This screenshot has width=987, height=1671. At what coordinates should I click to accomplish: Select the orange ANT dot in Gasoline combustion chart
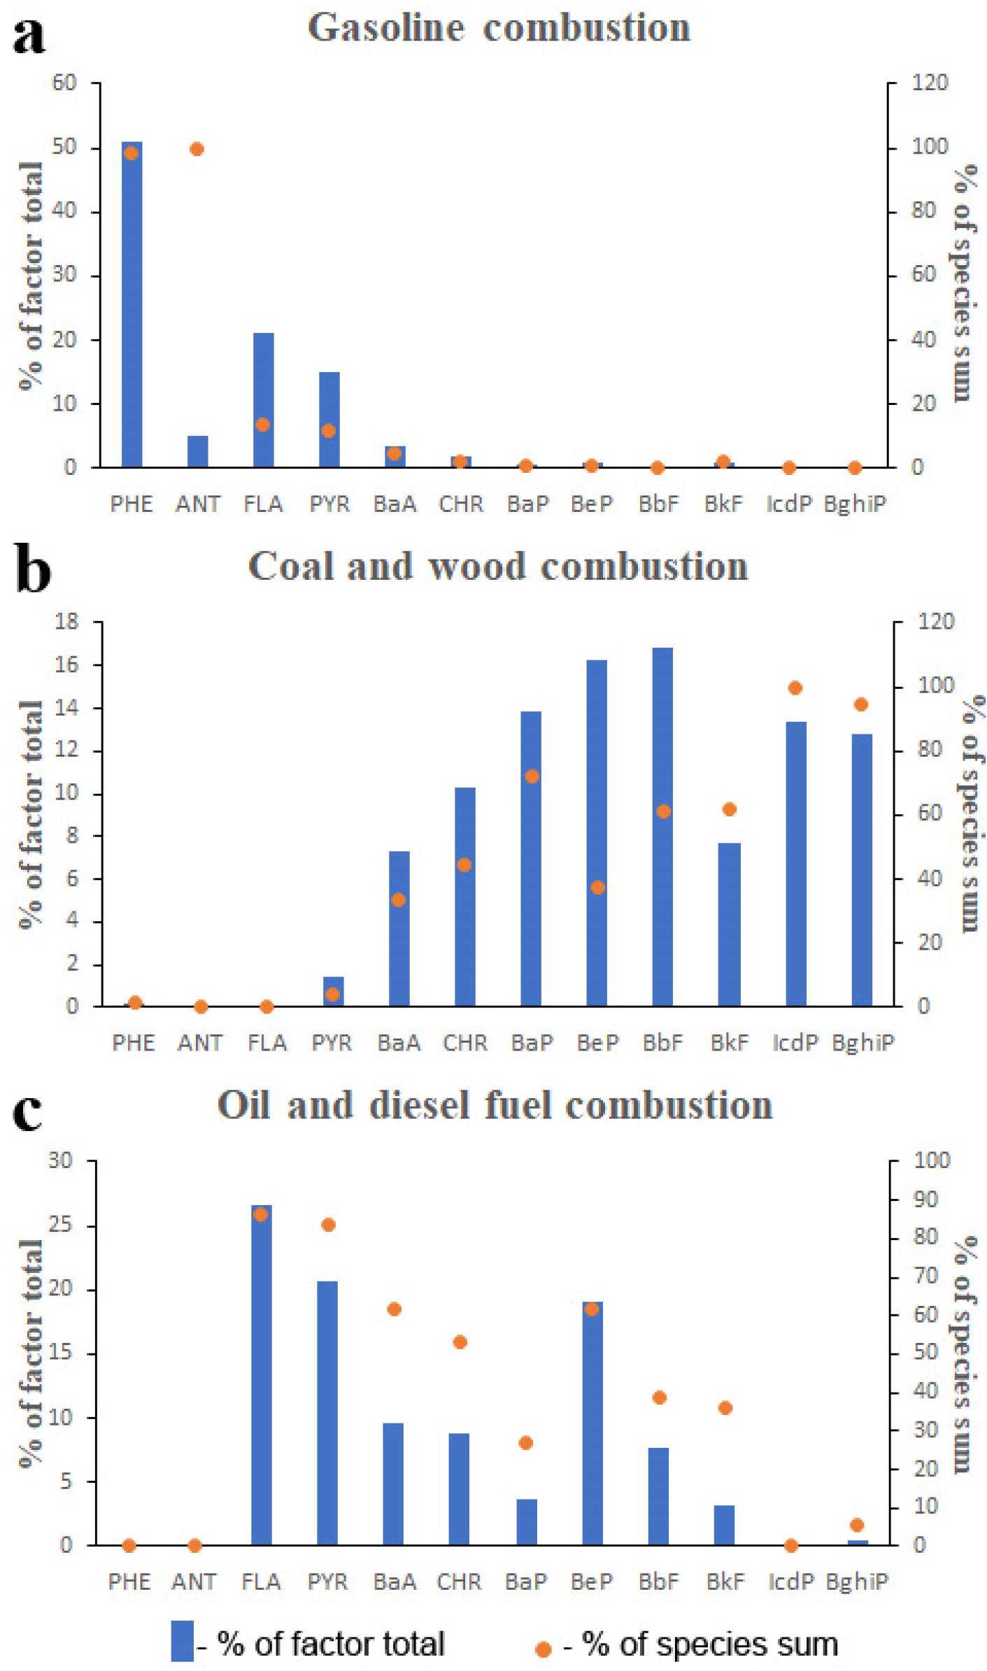click(197, 149)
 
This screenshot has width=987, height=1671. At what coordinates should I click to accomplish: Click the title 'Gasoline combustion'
click(499, 28)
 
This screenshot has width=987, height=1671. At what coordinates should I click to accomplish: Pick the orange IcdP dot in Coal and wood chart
click(795, 688)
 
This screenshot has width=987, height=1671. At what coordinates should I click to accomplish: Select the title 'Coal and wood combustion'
click(498, 566)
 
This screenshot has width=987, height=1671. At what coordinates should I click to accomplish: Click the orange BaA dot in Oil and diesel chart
click(394, 1309)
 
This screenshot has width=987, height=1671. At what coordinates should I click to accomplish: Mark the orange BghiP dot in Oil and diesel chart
click(857, 1525)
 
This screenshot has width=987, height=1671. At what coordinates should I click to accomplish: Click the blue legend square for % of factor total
click(183, 1640)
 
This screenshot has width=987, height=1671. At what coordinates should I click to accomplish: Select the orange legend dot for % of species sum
click(543, 1649)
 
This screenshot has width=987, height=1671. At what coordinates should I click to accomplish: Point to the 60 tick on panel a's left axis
click(64, 83)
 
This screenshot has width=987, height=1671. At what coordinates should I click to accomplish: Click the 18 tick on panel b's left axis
click(66, 621)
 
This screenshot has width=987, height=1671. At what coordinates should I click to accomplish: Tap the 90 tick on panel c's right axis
click(925, 1200)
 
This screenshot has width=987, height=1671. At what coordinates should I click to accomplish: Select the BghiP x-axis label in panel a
click(855, 504)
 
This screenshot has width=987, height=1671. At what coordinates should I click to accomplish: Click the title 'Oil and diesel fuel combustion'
click(495, 1105)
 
